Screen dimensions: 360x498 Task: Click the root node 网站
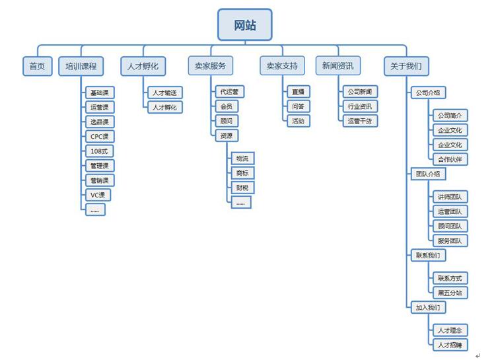point(244,25)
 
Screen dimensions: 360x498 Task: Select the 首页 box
point(37,66)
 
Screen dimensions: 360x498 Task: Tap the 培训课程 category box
point(81,66)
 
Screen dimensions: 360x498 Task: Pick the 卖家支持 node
point(282,66)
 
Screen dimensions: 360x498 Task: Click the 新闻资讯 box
point(338,66)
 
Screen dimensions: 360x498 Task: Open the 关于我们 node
point(406,66)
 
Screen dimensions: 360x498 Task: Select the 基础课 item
point(100,92)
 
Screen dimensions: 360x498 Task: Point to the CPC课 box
point(100,136)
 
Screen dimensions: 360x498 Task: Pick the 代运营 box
point(230,92)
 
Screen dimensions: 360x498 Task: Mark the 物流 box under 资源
point(242,159)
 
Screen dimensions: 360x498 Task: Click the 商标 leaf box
point(242,173)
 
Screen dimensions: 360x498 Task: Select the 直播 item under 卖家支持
point(297,92)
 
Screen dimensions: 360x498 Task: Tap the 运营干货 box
point(360,121)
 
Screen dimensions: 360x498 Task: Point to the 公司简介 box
point(450,116)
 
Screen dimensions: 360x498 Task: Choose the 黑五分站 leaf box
point(450,293)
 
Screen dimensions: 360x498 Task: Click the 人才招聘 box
point(450,345)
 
